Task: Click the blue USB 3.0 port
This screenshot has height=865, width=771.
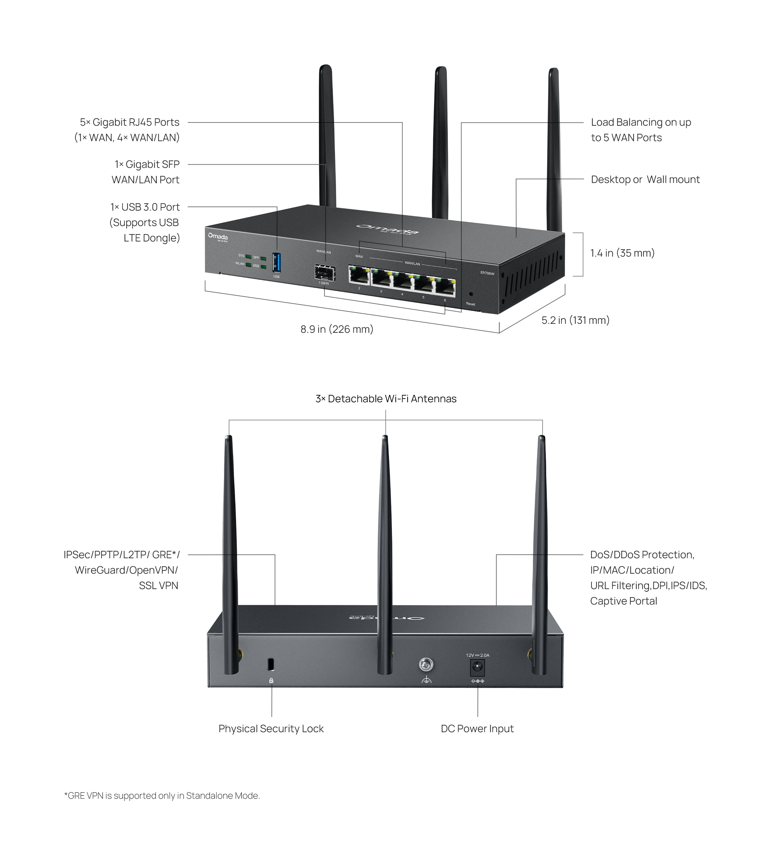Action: pos(276,262)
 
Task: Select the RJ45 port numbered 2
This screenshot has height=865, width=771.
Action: pos(359,276)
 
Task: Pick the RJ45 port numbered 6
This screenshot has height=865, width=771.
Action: pos(445,287)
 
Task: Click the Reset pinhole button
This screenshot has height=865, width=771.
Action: pos(471,293)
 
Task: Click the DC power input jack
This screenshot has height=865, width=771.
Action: pos(477,668)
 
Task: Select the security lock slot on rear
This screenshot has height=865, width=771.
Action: pos(271,664)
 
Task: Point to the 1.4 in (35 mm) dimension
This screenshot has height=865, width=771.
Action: pos(622,253)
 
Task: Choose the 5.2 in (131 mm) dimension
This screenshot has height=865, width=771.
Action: pos(575,320)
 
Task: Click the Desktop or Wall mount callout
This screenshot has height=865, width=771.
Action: pos(645,179)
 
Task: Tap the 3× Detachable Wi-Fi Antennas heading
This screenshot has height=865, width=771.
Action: pos(385,399)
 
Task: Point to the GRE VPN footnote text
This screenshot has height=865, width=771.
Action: pos(162,796)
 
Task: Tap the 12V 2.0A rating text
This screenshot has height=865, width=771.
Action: pos(477,655)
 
